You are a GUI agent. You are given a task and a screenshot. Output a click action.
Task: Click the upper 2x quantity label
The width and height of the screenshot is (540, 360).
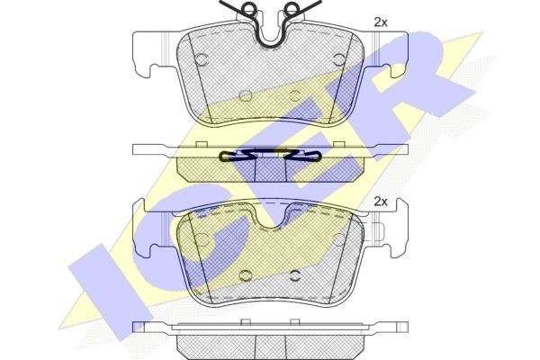point(381,22)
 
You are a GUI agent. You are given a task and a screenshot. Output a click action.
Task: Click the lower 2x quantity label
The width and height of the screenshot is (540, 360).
point(381,202)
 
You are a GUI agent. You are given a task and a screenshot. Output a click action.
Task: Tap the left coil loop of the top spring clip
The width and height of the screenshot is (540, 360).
point(248,7)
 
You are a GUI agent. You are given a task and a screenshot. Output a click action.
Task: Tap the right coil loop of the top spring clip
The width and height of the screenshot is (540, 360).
point(292,7)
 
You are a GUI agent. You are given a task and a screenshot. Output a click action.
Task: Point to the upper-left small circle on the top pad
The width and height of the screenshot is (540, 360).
point(202,59)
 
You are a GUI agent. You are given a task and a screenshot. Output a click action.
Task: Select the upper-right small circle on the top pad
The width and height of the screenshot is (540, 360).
point(339,59)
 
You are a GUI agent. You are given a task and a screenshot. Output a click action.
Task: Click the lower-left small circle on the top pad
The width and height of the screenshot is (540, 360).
point(245,95)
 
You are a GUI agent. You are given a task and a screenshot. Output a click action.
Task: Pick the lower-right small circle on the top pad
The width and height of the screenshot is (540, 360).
point(295,95)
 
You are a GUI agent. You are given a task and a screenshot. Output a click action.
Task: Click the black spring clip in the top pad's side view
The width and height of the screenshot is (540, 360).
point(271,156)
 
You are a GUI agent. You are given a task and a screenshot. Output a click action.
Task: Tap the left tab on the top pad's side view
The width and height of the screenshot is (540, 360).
point(201,144)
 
